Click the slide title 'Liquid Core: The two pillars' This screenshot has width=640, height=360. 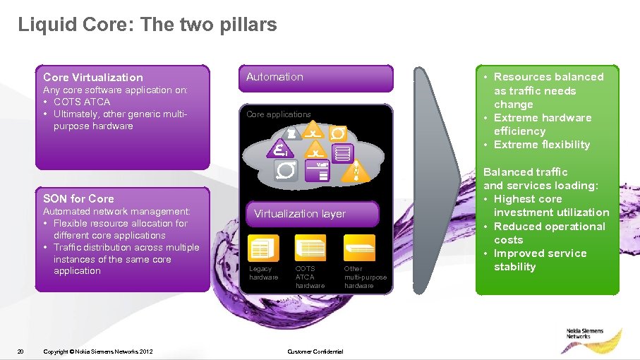[x=147, y=25]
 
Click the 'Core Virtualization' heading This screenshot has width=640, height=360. [x=92, y=78]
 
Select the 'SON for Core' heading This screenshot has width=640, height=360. [x=78, y=198]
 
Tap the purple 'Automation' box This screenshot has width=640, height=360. [x=318, y=78]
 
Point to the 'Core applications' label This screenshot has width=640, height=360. [x=278, y=114]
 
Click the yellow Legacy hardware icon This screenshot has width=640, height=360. [x=263, y=248]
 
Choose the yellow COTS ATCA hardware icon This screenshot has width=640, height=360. [x=310, y=248]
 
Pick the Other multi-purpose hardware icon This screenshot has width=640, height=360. [x=358, y=248]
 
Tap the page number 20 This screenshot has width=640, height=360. [x=20, y=352]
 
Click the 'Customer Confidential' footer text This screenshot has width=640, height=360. [x=315, y=352]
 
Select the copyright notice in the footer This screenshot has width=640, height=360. [x=97, y=352]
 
